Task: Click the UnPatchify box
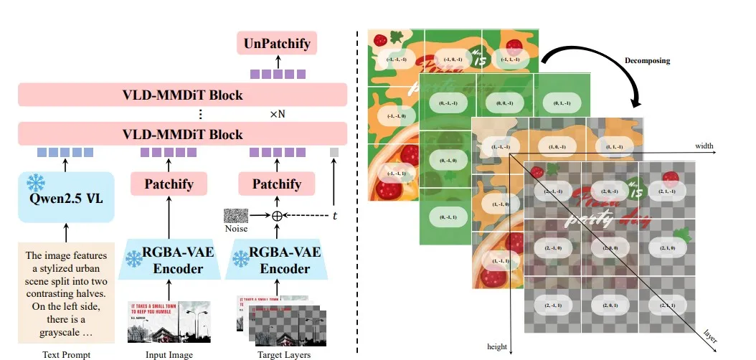(277, 44)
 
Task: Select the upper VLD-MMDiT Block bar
(182, 95)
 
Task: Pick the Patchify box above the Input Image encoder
(169, 184)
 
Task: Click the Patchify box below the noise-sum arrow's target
(276, 184)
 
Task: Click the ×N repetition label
(279, 115)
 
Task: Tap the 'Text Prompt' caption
(65, 353)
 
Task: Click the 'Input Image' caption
(169, 353)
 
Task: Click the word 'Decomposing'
(647, 61)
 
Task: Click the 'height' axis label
(497, 347)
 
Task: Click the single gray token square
(334, 152)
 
